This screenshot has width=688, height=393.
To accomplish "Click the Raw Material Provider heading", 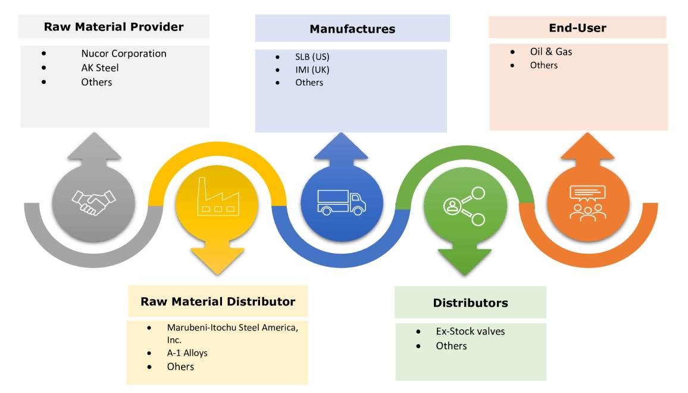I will click(114, 27).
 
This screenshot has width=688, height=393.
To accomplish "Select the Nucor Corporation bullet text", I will click(124, 54).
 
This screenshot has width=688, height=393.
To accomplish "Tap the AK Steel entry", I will click(100, 68).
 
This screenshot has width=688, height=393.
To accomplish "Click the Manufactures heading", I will click(352, 29).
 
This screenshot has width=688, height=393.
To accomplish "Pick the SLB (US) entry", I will click(312, 57).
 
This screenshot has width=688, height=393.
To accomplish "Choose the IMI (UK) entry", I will click(312, 70).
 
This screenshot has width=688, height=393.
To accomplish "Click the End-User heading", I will click(577, 28).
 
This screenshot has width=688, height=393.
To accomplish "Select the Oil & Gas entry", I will click(551, 52).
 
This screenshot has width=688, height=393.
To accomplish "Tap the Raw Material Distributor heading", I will click(218, 302).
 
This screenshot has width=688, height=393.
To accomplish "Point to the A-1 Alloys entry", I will click(187, 353).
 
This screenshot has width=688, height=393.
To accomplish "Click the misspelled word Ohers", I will click(180, 367).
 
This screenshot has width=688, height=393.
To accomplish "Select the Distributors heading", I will click(470, 303).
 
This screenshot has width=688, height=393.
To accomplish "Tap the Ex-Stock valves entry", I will click(470, 332).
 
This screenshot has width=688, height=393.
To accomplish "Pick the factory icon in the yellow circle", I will click(217, 197).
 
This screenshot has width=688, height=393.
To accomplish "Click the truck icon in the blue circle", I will click(342, 201).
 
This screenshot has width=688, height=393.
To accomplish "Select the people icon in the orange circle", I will click(587, 202).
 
